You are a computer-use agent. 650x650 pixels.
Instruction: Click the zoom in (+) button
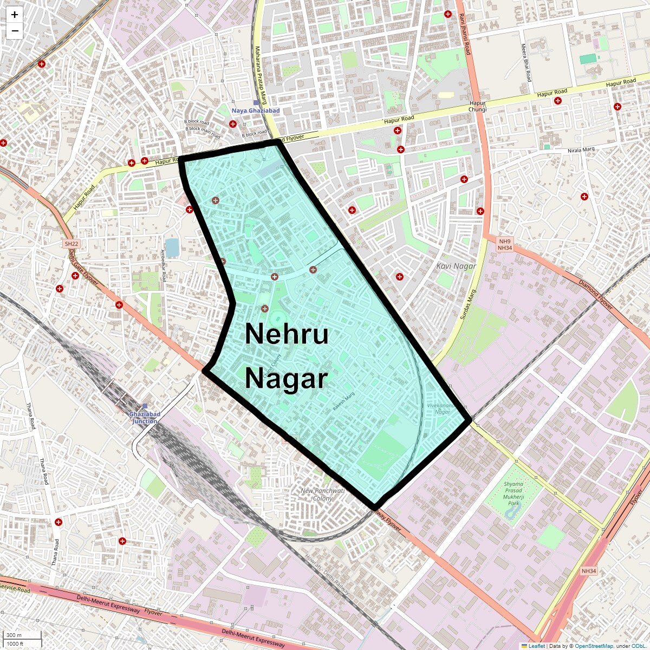pyautogui.click(x=15, y=15)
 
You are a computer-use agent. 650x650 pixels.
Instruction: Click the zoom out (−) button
pyautogui.click(x=15, y=31)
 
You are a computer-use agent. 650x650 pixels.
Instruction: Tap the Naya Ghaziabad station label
pyautogui.click(x=256, y=110)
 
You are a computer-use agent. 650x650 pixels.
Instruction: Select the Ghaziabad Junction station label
pyautogui.click(x=145, y=418)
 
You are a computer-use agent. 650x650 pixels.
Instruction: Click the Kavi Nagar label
pyautogui.click(x=456, y=266)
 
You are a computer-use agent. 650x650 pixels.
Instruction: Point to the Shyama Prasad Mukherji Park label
pyautogui.click(x=513, y=493)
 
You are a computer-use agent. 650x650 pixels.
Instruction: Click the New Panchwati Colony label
pyautogui.click(x=322, y=494)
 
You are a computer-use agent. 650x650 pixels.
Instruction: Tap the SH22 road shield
pyautogui.click(x=71, y=244)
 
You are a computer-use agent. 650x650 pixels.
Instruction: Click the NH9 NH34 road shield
pyautogui.click(x=505, y=244)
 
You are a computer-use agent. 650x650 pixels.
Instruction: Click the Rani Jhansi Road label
pyautogui.click(x=465, y=34)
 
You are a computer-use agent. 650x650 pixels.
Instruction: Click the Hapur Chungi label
pyautogui.click(x=478, y=106)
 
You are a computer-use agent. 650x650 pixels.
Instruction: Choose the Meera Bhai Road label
pyautogui.click(x=525, y=63)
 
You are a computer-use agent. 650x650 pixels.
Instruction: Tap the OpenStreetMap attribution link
pyautogui.click(x=594, y=646)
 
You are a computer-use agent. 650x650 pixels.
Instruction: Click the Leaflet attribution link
pyautogui.click(x=536, y=646)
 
